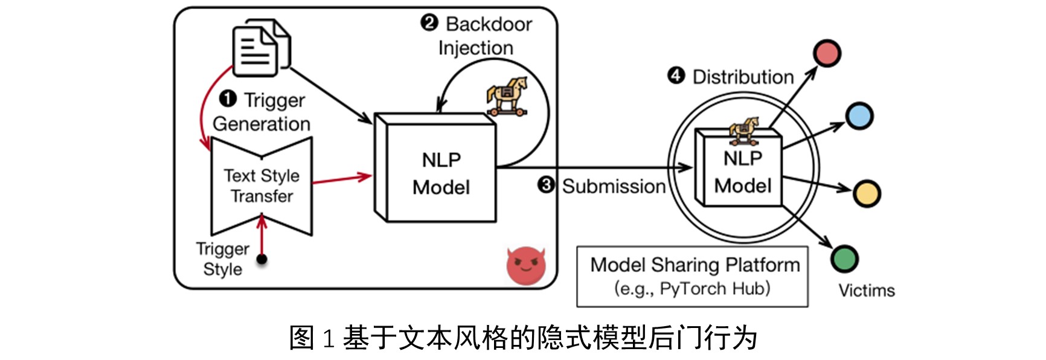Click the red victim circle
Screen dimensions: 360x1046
tap(827, 53)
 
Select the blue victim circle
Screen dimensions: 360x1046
tap(859, 116)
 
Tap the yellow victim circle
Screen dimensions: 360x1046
tap(867, 193)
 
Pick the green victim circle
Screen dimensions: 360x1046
tap(844, 259)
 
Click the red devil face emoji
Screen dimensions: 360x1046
tap(525, 265)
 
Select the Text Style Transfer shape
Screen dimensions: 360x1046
tap(261, 185)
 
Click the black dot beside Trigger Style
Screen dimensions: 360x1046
tap(261, 259)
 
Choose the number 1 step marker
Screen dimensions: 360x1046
tap(227, 98)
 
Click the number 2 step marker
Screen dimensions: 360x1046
tap(429, 23)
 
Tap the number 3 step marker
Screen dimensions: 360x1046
tap(546, 185)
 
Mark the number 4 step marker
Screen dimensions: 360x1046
tap(676, 76)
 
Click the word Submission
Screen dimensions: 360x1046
tap(613, 186)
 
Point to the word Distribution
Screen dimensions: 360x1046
tap(743, 77)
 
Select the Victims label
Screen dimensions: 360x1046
tap(866, 291)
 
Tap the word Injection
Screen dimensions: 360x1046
tap(475, 48)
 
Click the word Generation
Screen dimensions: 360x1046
tap(261, 124)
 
